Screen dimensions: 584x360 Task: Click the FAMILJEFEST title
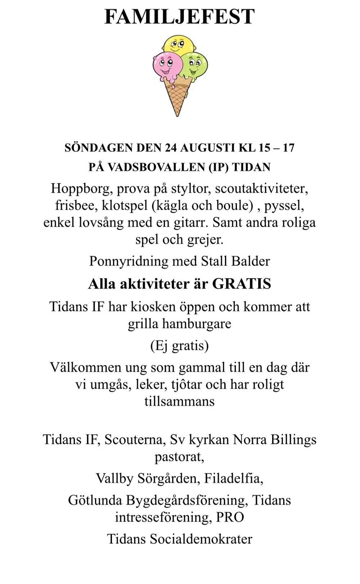click(179, 17)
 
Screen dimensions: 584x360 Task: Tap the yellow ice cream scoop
click(179, 45)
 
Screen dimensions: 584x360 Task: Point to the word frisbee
click(76, 205)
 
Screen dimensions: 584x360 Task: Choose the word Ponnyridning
click(129, 261)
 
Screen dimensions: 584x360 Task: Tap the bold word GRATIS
click(242, 284)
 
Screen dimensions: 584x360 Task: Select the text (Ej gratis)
click(179, 345)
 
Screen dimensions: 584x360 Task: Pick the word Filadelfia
click(234, 478)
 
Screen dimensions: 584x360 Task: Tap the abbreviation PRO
click(230, 517)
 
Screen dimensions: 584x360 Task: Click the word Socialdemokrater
click(201, 539)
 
